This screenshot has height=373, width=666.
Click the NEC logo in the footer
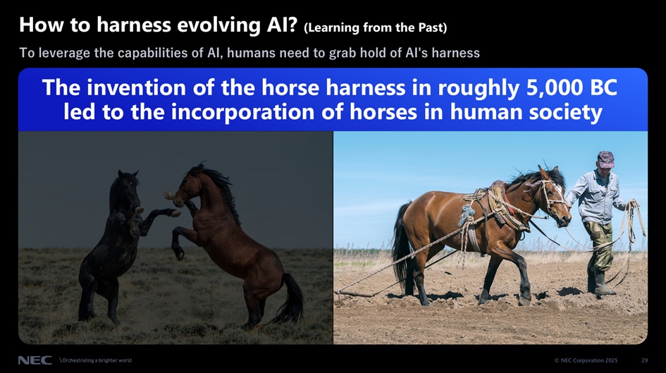35,360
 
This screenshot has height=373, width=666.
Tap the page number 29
644,360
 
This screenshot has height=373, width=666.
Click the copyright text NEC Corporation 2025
586,360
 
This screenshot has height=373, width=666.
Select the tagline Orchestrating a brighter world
96,360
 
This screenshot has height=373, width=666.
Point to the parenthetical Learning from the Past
376,27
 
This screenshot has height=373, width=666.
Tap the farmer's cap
605,159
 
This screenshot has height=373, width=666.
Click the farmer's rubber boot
603,283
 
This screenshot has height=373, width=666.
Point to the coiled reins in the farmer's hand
634,225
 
